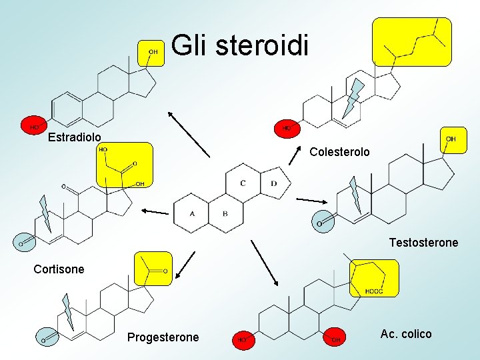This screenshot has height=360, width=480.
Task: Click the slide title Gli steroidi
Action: [x=240, y=47]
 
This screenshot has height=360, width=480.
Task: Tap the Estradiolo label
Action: [x=75, y=137]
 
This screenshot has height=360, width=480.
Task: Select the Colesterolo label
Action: [x=339, y=152]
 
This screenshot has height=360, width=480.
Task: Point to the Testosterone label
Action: [x=423, y=243]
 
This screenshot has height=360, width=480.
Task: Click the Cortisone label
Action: [x=59, y=269]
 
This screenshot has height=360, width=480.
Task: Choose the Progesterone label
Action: [x=163, y=337]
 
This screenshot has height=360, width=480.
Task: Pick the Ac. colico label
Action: [x=406, y=334]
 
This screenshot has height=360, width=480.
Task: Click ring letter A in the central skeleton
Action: [x=192, y=213]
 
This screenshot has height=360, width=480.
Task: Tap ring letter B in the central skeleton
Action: [x=225, y=213]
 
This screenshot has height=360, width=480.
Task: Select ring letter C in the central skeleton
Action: [x=243, y=183]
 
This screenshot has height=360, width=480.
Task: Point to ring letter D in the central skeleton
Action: [x=274, y=183]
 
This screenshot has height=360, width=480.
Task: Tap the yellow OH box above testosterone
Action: [x=450, y=140]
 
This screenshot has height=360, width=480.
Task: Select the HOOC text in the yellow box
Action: [x=373, y=291]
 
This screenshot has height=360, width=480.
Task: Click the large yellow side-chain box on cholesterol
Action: [x=411, y=41]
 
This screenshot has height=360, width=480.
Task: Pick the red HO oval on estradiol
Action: [x=33, y=125]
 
